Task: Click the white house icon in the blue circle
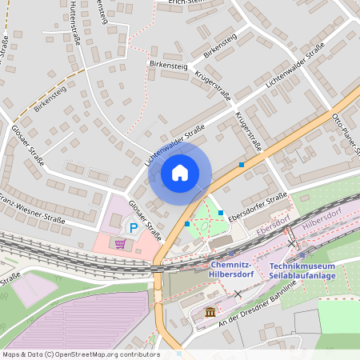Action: pyautogui.click(x=180, y=172)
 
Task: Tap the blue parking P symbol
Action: pyautogui.click(x=134, y=228)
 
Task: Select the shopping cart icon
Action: pyautogui.click(x=120, y=243)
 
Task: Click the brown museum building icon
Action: pyautogui.click(x=210, y=311)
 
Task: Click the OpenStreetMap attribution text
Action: pyautogui.click(x=80, y=354)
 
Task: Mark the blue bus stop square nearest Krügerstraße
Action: pyautogui.click(x=242, y=165)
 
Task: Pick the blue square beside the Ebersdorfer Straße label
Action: pyautogui.click(x=221, y=213)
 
